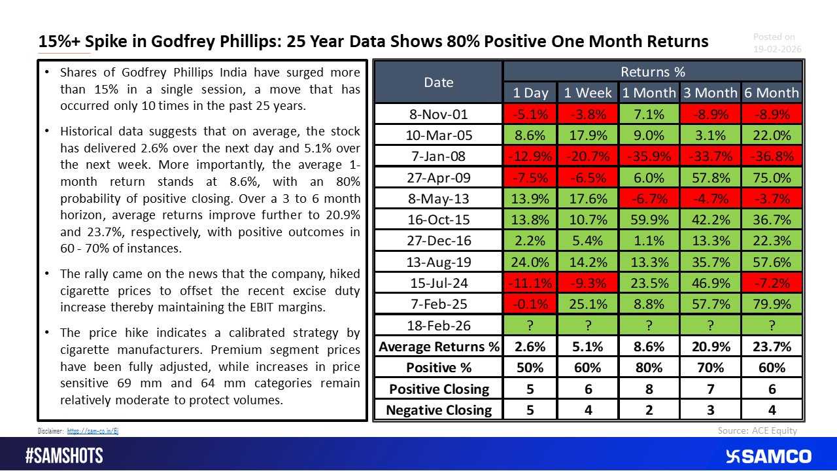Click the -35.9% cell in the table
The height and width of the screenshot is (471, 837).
650,157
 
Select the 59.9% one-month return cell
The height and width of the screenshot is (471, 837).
650,220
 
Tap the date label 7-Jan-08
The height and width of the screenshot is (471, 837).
438,157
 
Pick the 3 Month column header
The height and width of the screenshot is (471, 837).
710,93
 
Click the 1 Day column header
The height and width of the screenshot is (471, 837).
530,93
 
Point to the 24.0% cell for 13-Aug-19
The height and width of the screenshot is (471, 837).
530,262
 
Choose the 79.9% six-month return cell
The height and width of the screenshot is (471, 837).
772,304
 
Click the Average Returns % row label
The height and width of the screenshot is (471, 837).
438,347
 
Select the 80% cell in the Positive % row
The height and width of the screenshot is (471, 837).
650,368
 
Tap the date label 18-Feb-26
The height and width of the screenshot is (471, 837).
438,326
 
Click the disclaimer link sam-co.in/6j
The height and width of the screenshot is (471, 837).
92,431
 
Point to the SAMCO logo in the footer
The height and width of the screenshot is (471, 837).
768,456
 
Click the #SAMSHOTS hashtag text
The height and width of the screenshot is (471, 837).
64,456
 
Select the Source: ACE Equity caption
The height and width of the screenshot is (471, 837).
757,430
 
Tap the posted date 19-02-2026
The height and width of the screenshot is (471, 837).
777,49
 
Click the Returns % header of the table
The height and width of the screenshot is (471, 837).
653,71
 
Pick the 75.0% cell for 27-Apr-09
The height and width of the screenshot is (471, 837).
772,178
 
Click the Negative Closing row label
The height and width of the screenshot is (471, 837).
438,410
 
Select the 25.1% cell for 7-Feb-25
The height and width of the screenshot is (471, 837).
589,304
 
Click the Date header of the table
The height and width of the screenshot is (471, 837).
438,82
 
